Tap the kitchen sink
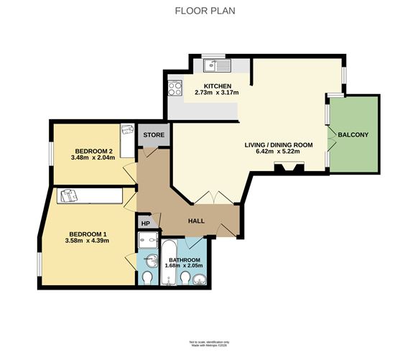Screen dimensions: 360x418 tap(215, 67)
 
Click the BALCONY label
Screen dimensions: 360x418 tap(353, 134)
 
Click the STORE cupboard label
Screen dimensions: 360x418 tap(153, 135)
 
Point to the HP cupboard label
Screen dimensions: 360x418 tap(146, 223)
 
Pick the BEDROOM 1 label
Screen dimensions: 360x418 tap(88, 234)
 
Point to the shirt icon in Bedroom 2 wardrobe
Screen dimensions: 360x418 tap(127, 131)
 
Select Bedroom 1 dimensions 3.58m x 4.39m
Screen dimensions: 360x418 tap(88, 241)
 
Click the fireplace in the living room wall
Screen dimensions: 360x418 tap(289, 168)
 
